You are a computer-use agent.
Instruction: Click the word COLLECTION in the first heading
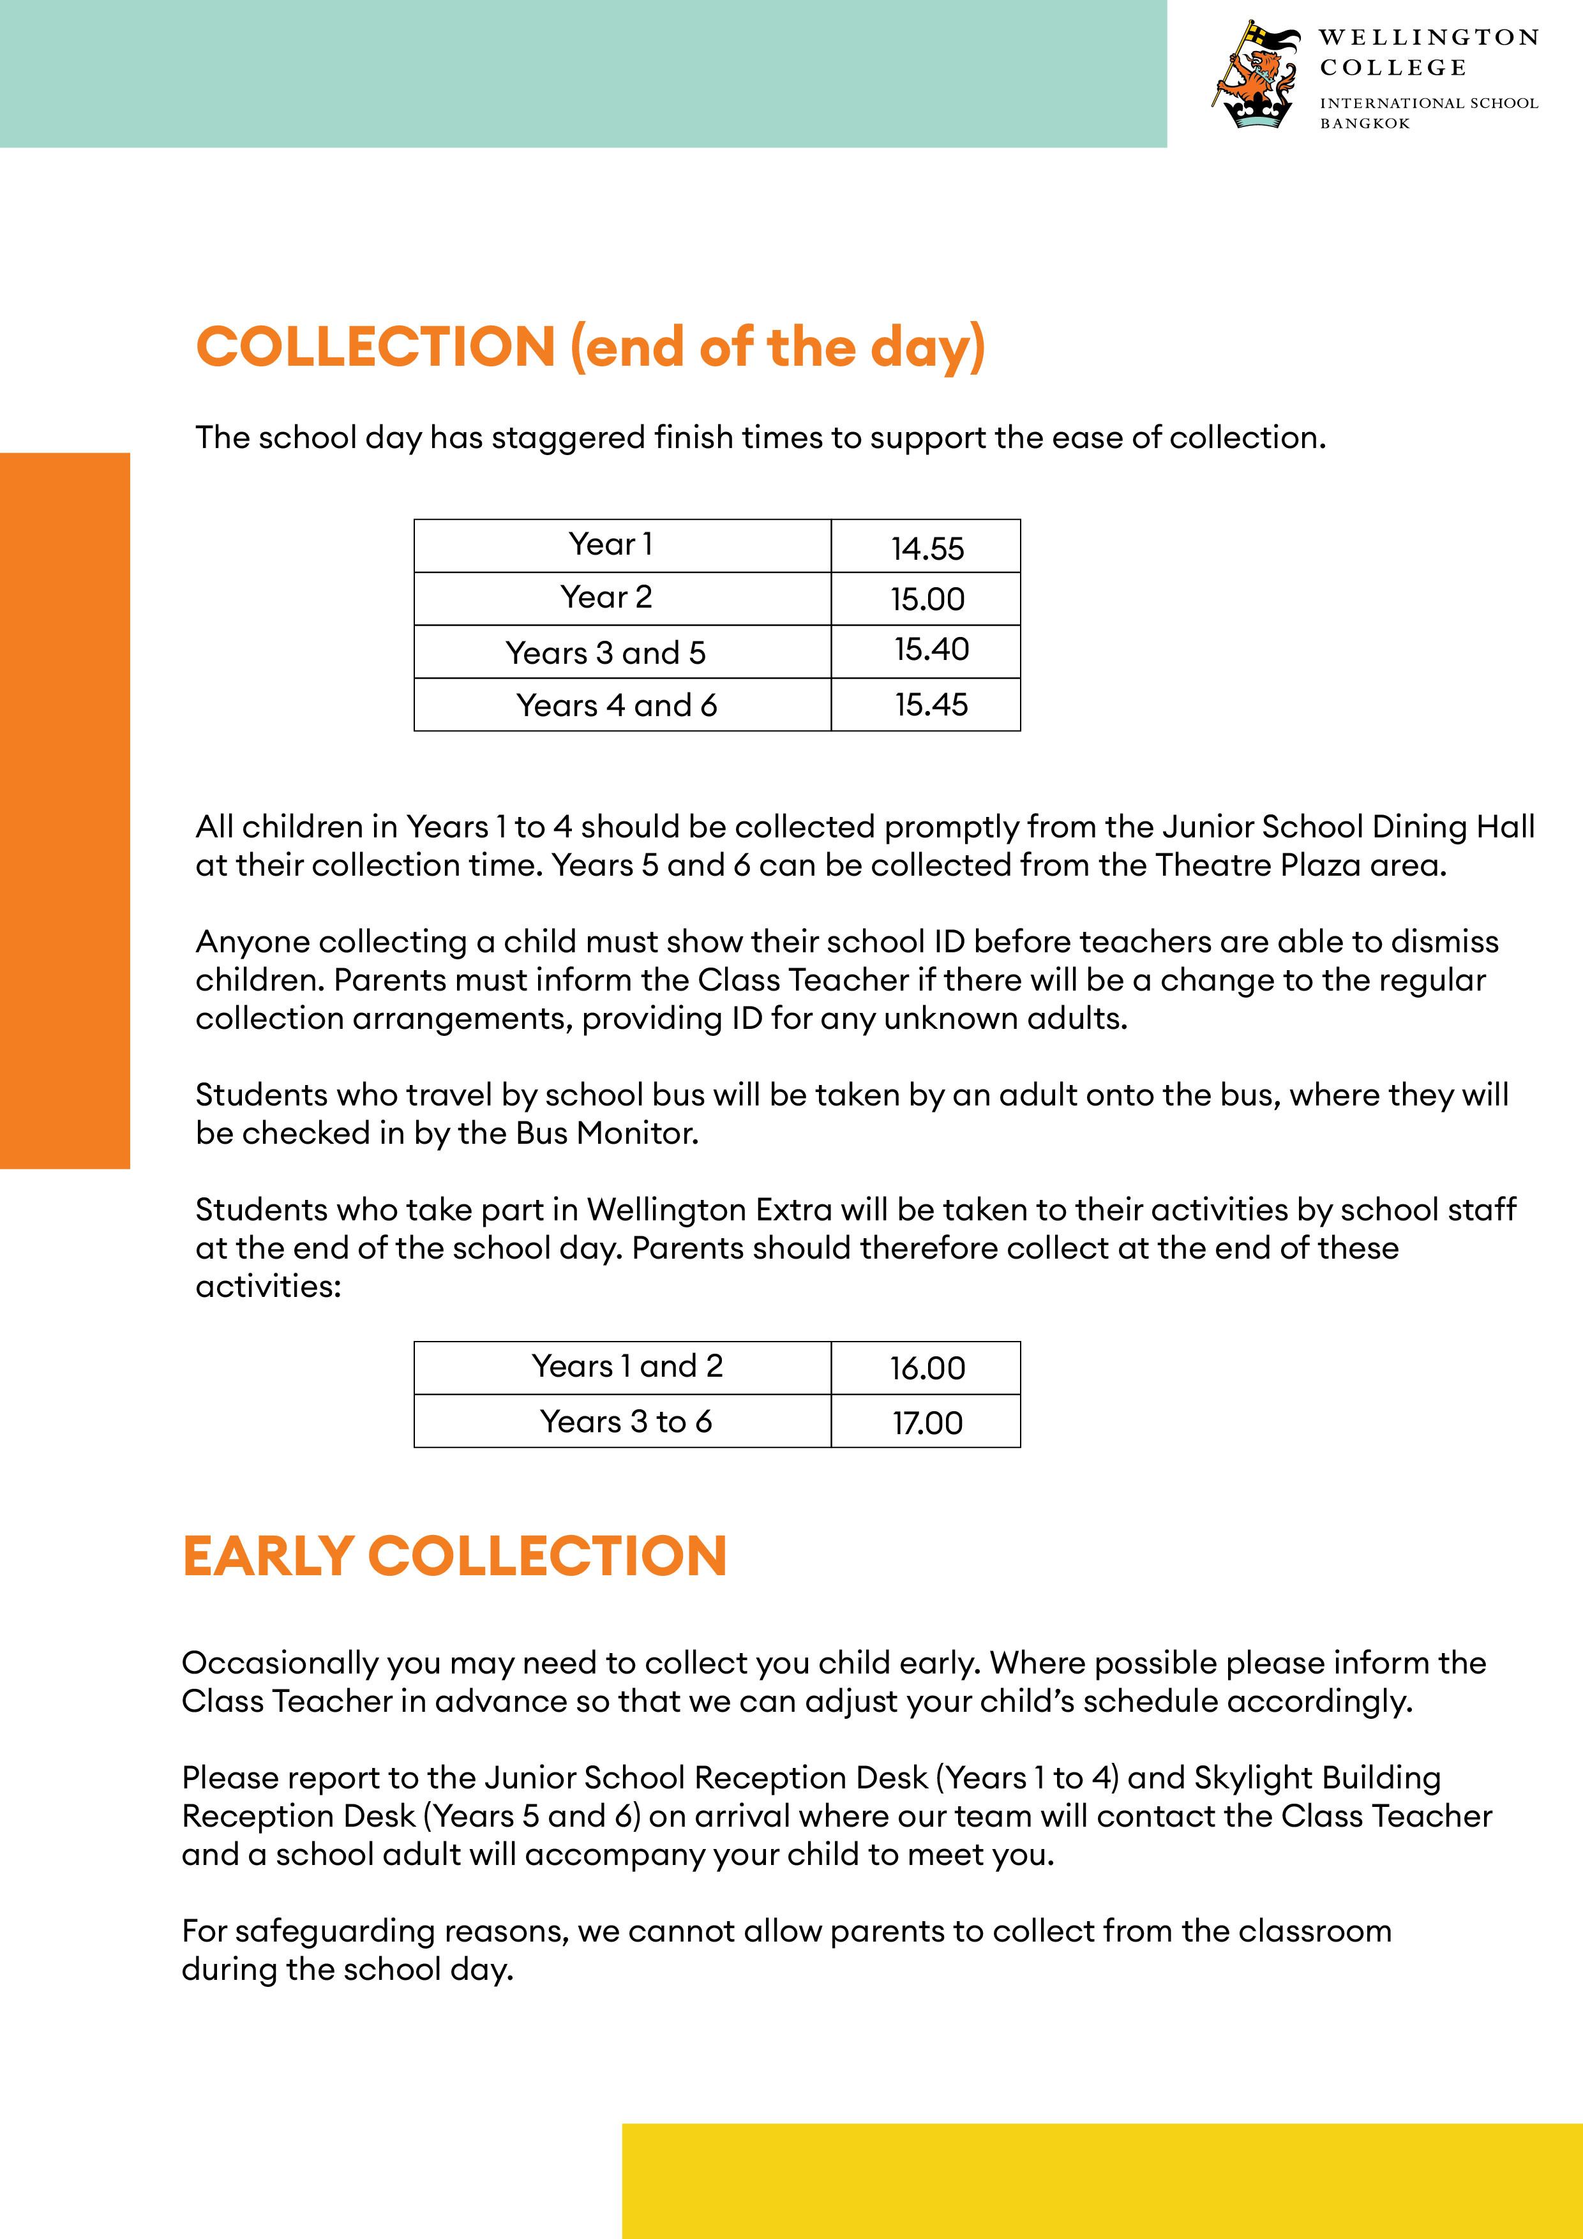pos(375,347)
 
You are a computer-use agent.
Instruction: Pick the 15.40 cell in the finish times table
pos(931,650)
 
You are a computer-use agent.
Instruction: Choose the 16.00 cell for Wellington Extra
pos(927,1368)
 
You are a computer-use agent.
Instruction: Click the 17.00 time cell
pos(927,1423)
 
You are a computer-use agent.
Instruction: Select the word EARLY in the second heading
pos(267,1555)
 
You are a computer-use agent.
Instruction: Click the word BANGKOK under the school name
pos(1365,124)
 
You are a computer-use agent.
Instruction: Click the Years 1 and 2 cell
pos(626,1367)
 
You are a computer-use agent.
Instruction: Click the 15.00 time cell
pos(927,599)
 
